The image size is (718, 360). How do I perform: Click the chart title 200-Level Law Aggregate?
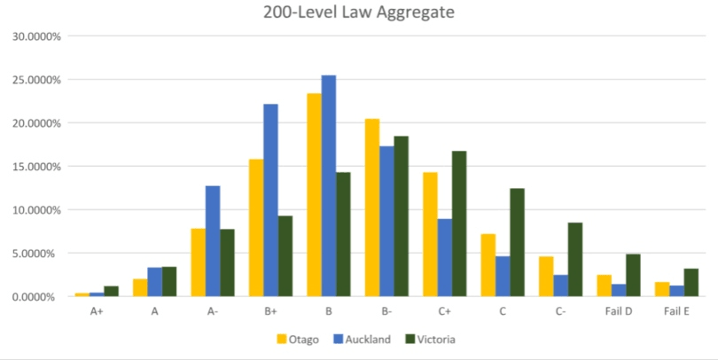pyautogui.click(x=358, y=13)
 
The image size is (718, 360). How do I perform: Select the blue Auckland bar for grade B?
pyautogui.click(x=329, y=186)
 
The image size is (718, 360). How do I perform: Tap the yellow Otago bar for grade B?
pyautogui.click(x=314, y=195)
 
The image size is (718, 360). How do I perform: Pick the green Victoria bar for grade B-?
pyautogui.click(x=401, y=216)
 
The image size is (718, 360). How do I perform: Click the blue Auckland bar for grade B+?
pyautogui.click(x=270, y=200)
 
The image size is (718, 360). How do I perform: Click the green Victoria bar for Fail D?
pyautogui.click(x=632, y=275)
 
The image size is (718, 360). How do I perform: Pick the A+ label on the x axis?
pyautogui.click(x=97, y=311)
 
